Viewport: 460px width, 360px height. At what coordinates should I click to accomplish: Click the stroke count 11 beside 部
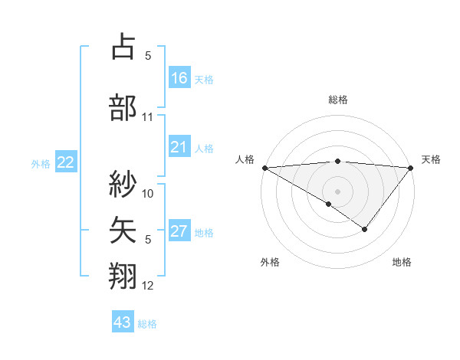click(148, 118)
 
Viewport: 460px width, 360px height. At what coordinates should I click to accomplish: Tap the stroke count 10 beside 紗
click(148, 194)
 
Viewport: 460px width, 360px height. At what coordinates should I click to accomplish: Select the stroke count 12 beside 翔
click(148, 286)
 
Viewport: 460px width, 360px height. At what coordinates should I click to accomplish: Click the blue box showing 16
click(179, 78)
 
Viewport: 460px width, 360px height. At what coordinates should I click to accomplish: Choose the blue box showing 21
click(179, 147)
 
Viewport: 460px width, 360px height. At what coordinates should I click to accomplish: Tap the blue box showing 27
click(179, 232)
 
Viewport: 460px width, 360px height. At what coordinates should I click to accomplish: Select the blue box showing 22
click(66, 162)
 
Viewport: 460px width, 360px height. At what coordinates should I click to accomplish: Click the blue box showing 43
click(122, 322)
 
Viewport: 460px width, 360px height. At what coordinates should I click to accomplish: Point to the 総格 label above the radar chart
click(337, 100)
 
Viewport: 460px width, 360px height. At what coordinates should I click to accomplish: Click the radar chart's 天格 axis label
click(432, 159)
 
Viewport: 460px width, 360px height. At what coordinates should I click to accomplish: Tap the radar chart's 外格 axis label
click(270, 262)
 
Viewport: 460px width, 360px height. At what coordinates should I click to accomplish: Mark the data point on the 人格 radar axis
click(264, 167)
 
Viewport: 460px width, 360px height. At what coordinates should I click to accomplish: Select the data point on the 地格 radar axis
click(365, 228)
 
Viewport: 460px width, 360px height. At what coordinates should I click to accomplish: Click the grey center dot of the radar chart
click(337, 191)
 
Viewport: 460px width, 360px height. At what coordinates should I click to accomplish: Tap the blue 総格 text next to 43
click(147, 324)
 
